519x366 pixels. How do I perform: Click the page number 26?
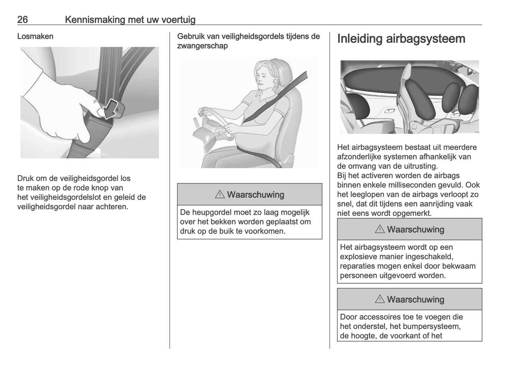click(23, 20)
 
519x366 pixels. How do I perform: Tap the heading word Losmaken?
click(35, 36)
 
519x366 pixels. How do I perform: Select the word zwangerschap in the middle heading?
click(202, 46)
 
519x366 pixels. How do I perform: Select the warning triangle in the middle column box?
click(219, 195)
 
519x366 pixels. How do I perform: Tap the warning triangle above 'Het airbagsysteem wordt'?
click(380, 229)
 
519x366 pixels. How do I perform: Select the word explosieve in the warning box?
click(358, 257)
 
